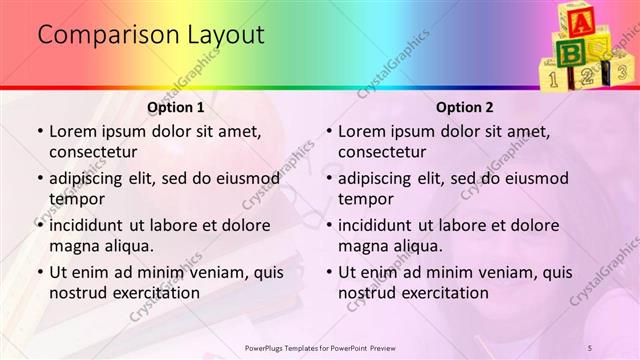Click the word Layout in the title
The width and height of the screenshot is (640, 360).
tap(226, 35)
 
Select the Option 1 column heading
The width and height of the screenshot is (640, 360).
tap(175, 107)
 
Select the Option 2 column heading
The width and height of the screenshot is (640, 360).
tap(464, 107)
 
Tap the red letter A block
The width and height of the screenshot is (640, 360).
tap(579, 19)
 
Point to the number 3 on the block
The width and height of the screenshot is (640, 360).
tap(621, 72)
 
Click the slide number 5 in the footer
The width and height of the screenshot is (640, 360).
tap(590, 347)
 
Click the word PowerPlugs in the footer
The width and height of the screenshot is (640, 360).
tap(269, 347)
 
